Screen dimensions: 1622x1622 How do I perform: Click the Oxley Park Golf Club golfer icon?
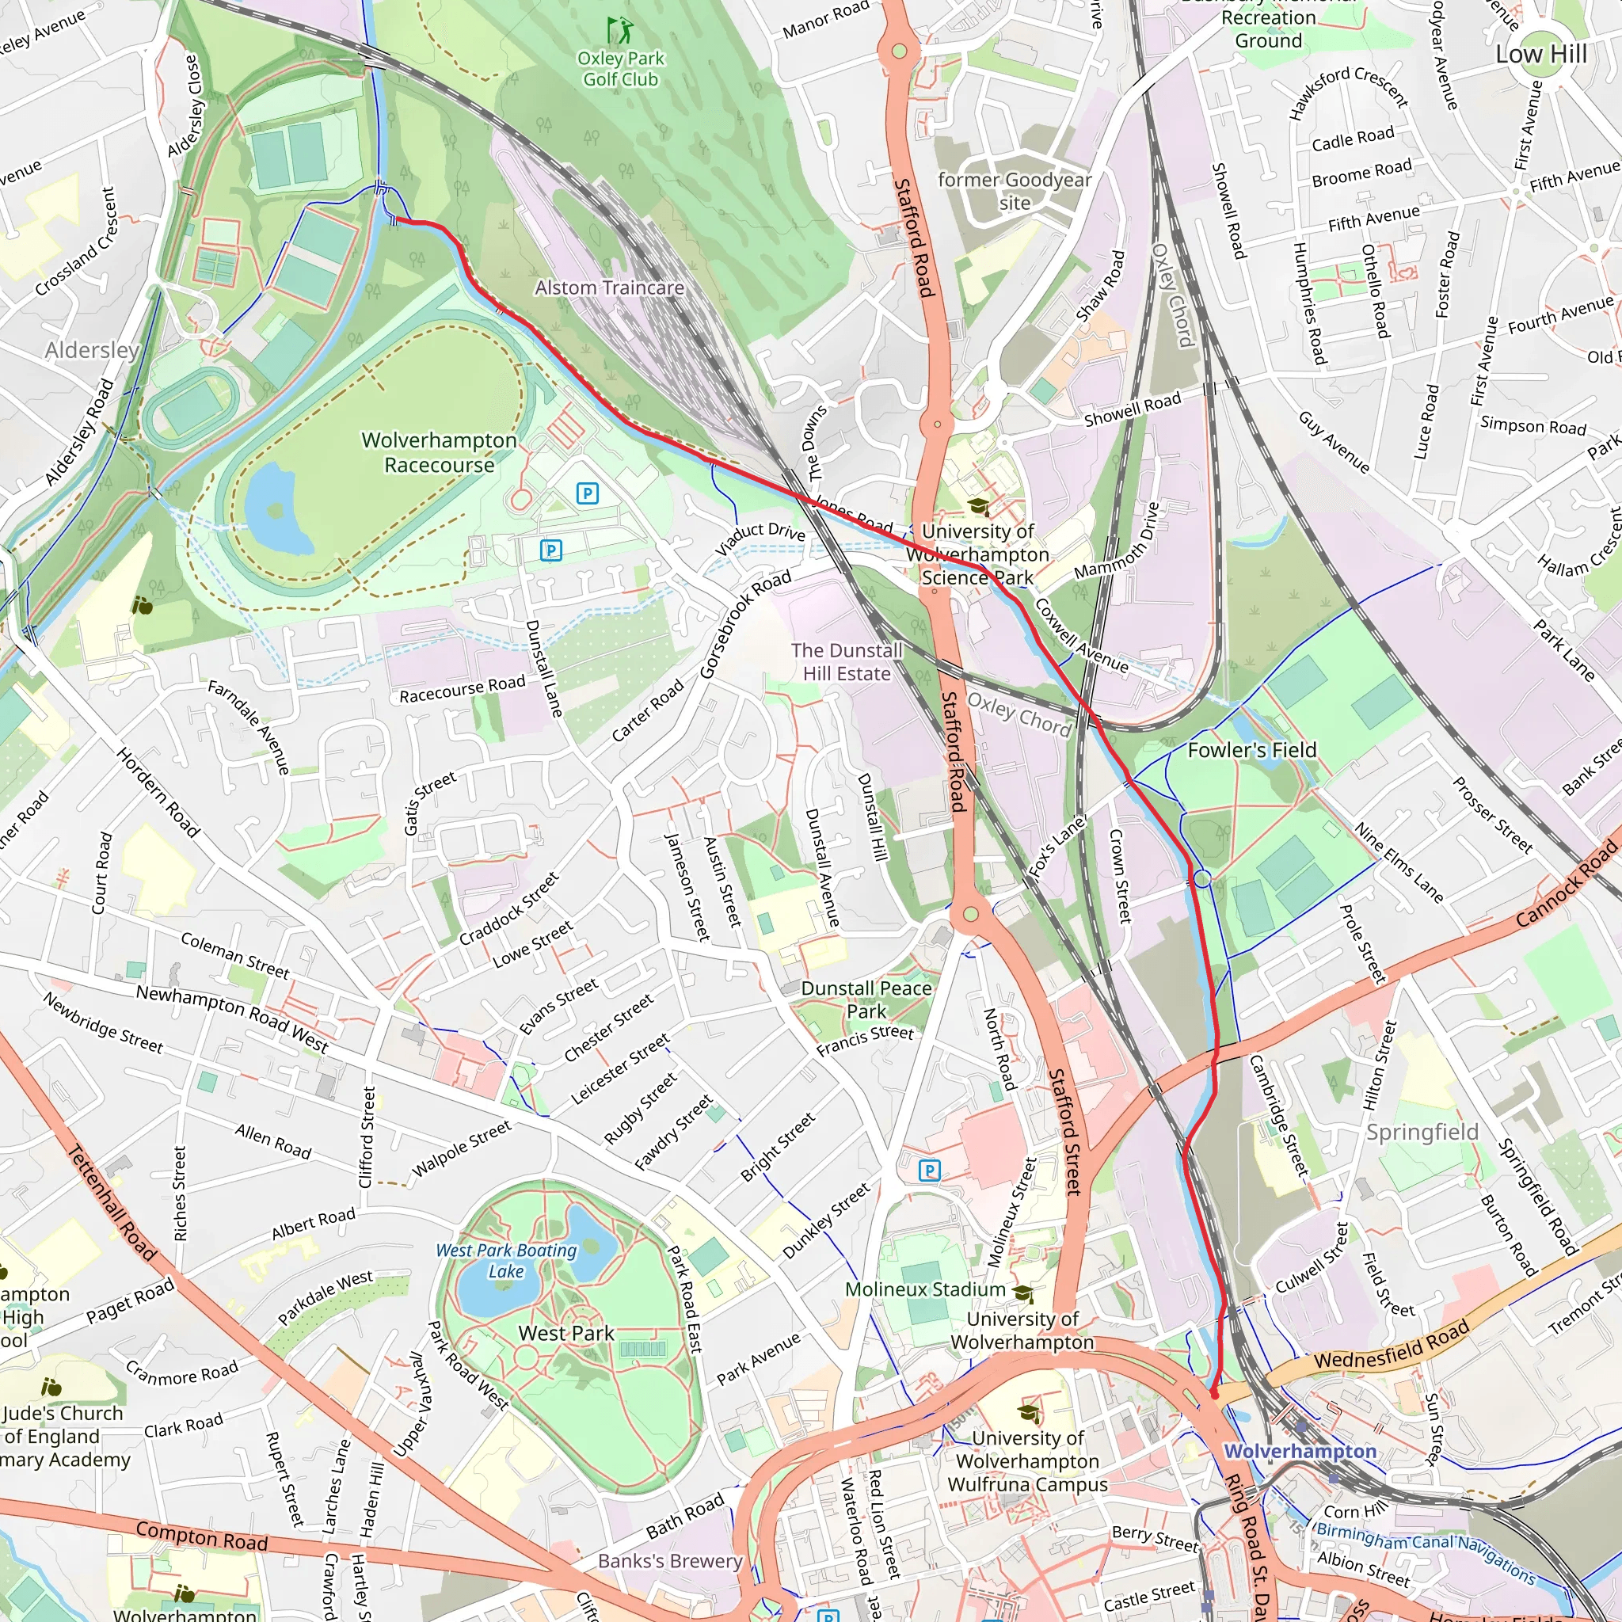[x=620, y=31]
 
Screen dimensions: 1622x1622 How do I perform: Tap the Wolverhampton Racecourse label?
[x=439, y=452]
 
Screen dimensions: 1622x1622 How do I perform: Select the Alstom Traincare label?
[x=610, y=288]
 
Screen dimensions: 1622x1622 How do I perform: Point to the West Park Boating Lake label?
[x=506, y=1260]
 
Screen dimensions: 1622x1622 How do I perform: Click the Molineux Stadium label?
[x=924, y=1289]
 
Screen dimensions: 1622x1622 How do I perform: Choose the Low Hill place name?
[x=1540, y=55]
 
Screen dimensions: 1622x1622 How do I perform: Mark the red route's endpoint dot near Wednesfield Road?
[x=1214, y=1395]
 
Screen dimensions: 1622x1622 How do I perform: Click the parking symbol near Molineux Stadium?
[x=929, y=1171]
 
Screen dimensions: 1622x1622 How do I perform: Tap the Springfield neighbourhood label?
[x=1422, y=1133]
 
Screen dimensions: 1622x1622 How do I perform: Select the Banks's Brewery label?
[x=670, y=1562]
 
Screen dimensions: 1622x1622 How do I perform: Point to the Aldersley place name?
[x=93, y=350]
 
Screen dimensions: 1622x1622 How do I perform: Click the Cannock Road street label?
[x=1566, y=883]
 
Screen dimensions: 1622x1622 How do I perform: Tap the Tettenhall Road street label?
[x=112, y=1204]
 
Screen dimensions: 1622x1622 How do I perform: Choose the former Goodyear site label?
[x=1015, y=191]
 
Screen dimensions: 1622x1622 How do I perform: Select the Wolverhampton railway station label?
[x=1300, y=1452]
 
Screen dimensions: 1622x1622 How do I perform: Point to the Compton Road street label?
[x=201, y=1536]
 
